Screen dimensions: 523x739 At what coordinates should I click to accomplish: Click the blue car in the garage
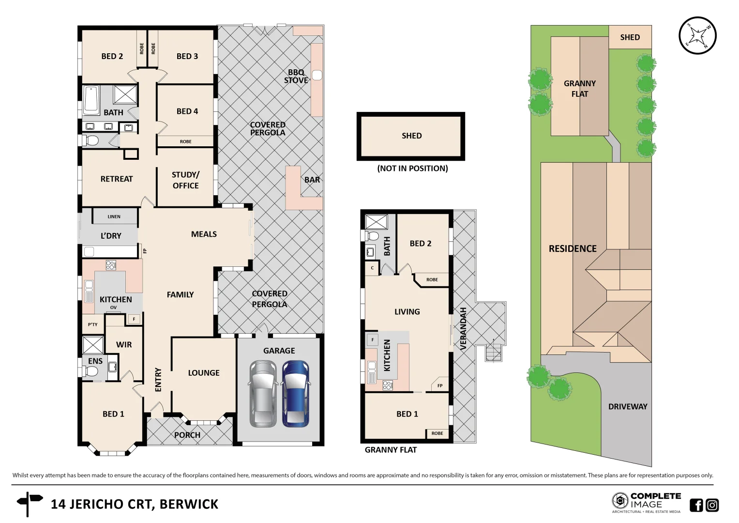tap(296, 393)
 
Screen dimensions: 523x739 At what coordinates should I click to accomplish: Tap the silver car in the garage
tap(263, 393)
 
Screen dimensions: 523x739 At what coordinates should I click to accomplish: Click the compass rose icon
tap(697, 36)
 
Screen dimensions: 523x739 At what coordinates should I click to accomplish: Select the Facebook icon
tap(696, 505)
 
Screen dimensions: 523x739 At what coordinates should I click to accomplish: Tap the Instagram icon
tap(712, 505)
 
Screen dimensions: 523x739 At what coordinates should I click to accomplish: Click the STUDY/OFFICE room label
tap(185, 180)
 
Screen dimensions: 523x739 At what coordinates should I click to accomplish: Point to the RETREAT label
tap(116, 179)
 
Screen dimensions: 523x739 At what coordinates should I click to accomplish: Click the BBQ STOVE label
tap(296, 77)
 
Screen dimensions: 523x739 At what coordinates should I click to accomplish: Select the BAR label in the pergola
tap(312, 180)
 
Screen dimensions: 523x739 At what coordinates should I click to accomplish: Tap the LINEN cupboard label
tap(114, 216)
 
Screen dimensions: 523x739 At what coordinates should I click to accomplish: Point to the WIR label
tap(124, 345)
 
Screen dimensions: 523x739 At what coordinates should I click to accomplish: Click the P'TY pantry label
tap(92, 324)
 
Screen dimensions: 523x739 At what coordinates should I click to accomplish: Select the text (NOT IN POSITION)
tap(412, 169)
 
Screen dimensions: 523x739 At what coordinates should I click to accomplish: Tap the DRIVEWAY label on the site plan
tap(627, 407)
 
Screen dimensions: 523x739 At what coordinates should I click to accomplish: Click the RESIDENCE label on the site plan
tap(573, 249)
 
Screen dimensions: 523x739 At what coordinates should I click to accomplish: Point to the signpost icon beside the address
tap(29, 504)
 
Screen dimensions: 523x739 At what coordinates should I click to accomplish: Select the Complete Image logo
tap(646, 502)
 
